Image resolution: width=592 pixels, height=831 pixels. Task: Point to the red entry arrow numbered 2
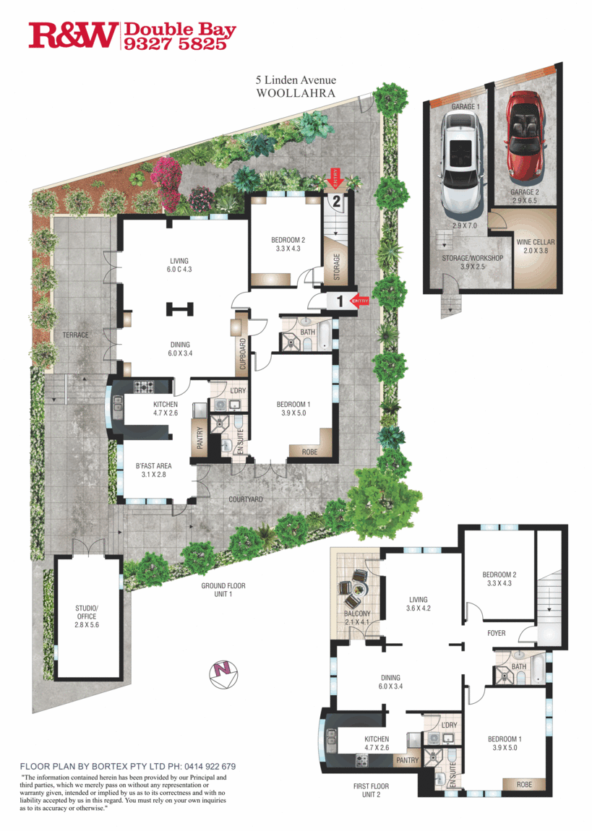click(335, 177)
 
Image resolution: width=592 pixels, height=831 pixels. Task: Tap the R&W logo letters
click(73, 35)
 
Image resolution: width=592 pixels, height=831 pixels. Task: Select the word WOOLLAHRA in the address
click(294, 93)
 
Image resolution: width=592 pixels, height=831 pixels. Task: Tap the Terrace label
click(75, 335)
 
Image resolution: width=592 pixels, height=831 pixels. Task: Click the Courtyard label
click(246, 499)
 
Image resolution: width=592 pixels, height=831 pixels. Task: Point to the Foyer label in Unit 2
click(496, 633)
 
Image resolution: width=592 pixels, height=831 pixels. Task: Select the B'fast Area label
click(152, 459)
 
